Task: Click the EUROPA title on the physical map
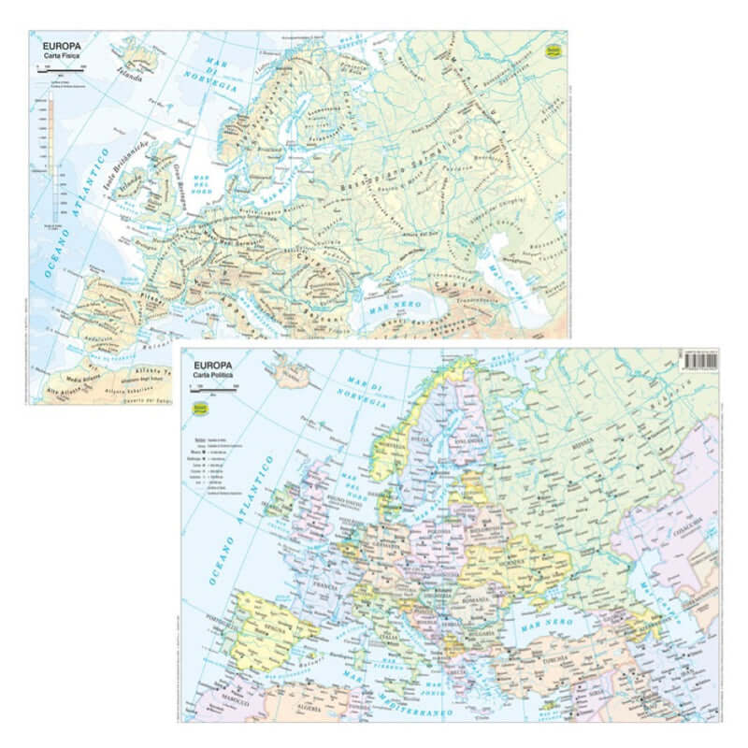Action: click(x=62, y=42)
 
